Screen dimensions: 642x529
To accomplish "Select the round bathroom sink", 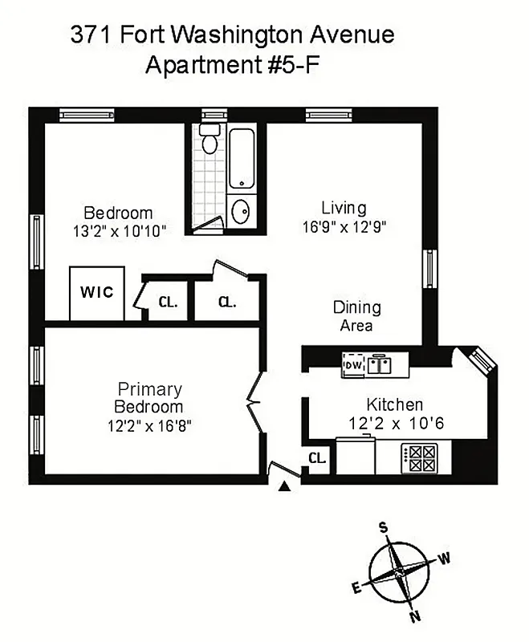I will pos(241,212).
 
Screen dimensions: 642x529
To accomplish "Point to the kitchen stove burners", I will pos(418,459).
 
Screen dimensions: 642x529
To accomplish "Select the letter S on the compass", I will pos(384,527).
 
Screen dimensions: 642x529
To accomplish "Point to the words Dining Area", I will pos(357,317).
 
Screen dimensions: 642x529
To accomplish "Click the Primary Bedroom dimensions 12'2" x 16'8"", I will pos(150,425).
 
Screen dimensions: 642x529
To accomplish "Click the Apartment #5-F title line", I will pos(232,65).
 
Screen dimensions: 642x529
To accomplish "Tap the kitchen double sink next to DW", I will pos(380,365).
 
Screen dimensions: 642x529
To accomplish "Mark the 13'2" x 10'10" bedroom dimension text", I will pos(118,231).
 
